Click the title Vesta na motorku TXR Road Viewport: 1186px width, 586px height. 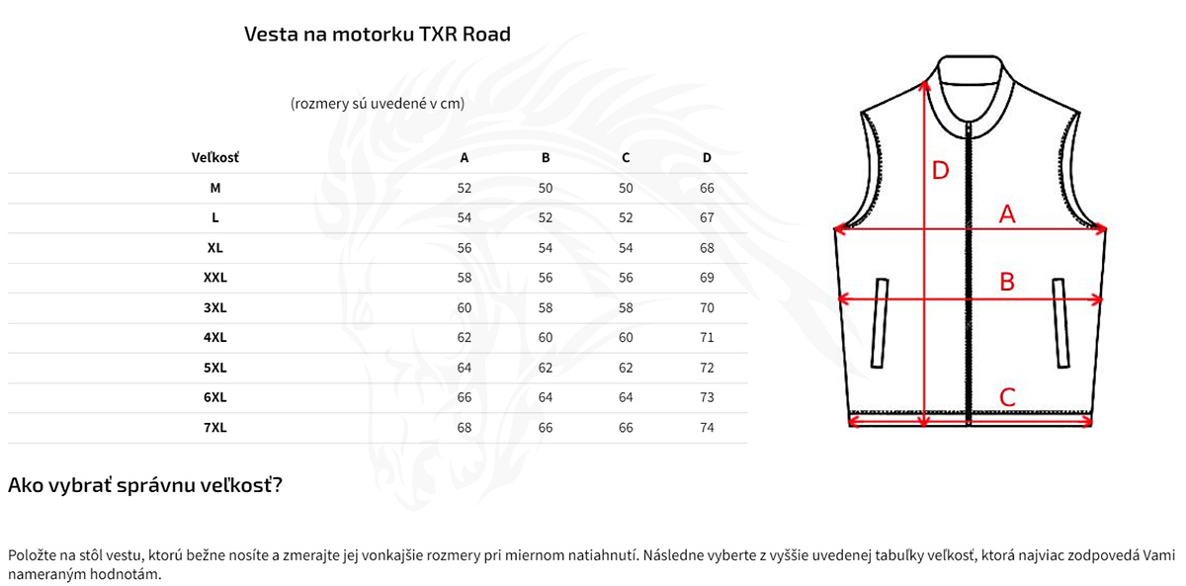pyautogui.click(x=377, y=35)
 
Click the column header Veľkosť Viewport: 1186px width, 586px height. pyautogui.click(x=214, y=158)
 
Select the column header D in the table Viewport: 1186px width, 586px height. pyautogui.click(x=707, y=158)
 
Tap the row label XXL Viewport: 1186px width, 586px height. pyautogui.click(x=214, y=278)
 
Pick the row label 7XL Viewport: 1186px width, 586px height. pyautogui.click(x=214, y=428)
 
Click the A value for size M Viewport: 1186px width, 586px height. pyautogui.click(x=465, y=188)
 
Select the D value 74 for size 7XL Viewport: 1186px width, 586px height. pyautogui.click(x=707, y=428)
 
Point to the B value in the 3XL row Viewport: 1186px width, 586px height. pyautogui.click(x=546, y=307)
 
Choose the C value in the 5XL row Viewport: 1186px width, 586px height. pyautogui.click(x=626, y=368)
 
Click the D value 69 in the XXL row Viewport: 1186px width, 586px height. pyautogui.click(x=707, y=278)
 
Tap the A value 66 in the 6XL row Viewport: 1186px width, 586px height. pyautogui.click(x=465, y=397)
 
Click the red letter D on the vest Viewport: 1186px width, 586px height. pyautogui.click(x=941, y=171)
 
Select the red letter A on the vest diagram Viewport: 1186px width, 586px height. pyautogui.click(x=1007, y=212)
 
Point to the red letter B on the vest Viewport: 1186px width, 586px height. pyautogui.click(x=1007, y=282)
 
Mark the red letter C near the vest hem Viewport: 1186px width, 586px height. pyautogui.click(x=1007, y=397)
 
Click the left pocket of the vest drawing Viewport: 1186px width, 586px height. pyautogui.click(x=880, y=322)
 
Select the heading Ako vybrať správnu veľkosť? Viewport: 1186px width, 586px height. pyautogui.click(x=145, y=485)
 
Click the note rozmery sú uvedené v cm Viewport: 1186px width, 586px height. pyautogui.click(x=377, y=103)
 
